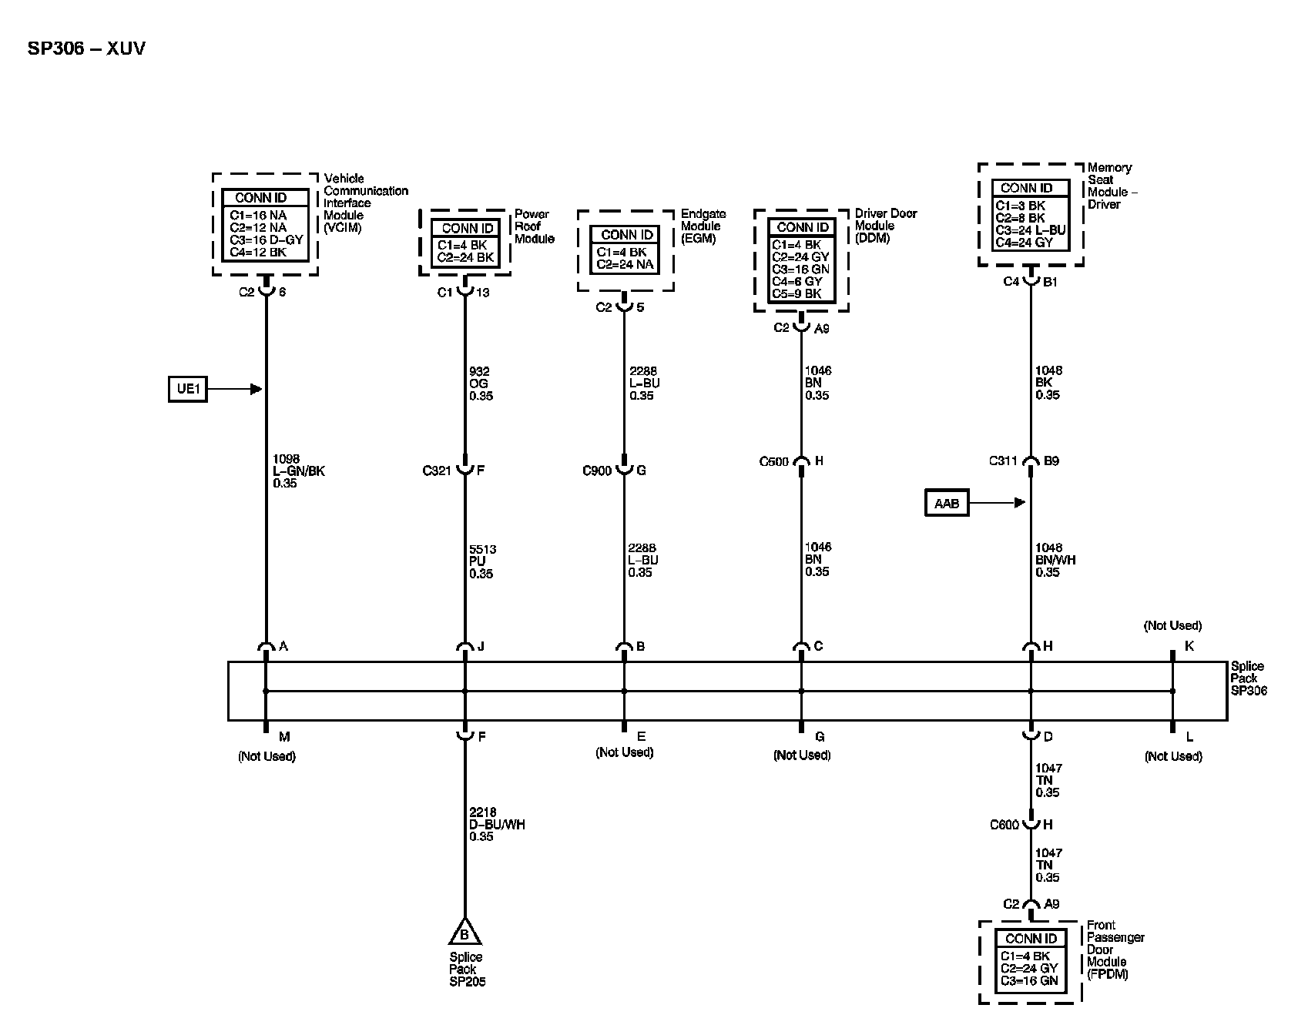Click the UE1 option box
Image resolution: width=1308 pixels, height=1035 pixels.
coord(188,389)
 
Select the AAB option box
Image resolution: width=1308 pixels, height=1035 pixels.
coord(947,504)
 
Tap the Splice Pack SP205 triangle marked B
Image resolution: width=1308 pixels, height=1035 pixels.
coord(465,933)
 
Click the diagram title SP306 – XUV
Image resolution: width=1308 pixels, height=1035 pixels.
coord(86,49)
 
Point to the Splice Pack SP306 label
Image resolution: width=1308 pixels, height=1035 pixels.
coord(1248,678)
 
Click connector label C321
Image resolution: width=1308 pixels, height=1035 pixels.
coord(436,471)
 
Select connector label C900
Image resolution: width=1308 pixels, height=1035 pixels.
coord(597,471)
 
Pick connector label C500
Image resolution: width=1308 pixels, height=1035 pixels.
coord(774,462)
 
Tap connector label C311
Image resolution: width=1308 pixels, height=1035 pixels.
coord(1004,462)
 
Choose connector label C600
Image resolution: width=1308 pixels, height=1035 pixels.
coord(1004,825)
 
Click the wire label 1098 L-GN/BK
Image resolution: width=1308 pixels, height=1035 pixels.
coord(299,471)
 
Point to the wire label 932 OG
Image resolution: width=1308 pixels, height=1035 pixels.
coord(481,384)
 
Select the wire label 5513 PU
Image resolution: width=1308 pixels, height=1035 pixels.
coord(482,561)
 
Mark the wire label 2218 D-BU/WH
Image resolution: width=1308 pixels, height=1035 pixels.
coord(497,824)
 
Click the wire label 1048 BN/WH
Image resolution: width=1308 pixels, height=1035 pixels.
coord(1055,560)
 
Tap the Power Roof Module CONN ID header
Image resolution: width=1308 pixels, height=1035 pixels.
coord(468,228)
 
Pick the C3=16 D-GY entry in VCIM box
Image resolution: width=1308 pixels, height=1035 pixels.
coord(267,239)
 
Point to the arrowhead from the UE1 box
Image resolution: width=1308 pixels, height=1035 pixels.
coord(257,389)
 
